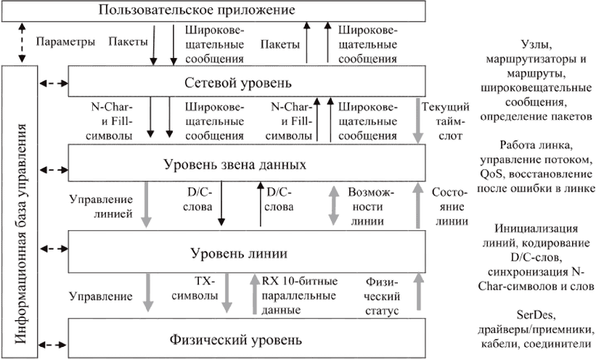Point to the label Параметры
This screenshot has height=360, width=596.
click(65, 43)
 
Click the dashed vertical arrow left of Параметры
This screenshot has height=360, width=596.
click(21, 43)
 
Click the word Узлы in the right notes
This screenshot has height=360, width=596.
click(536, 44)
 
